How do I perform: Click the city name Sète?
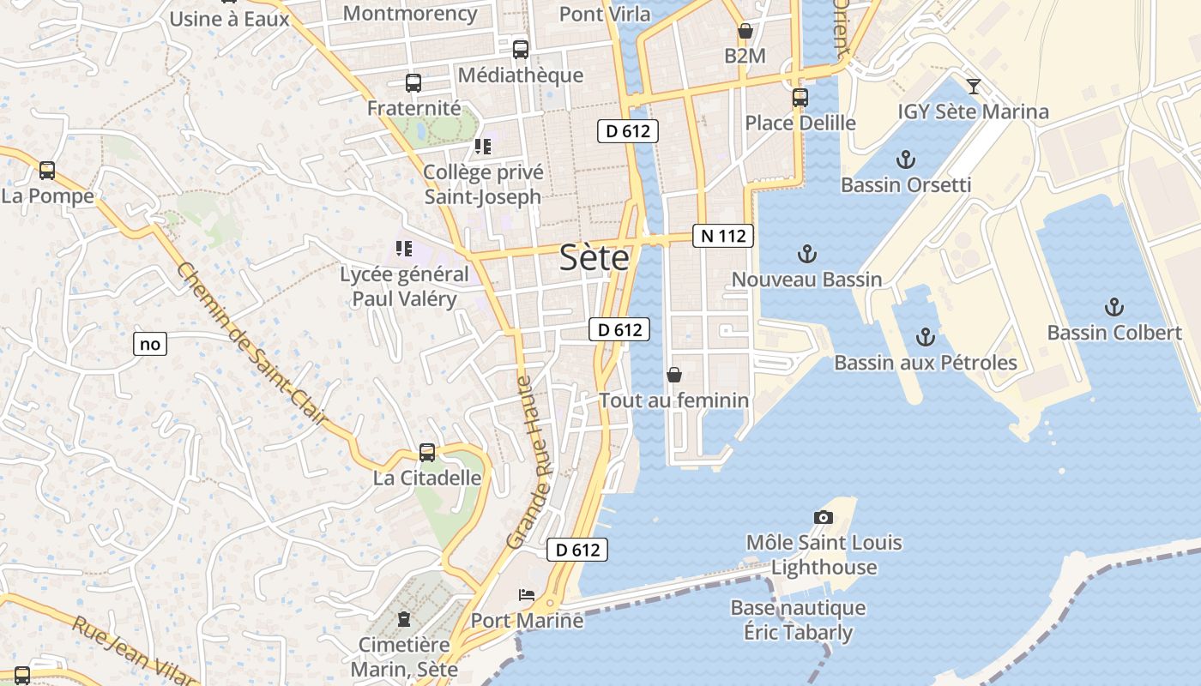(x=594, y=257)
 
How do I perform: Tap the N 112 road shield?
(x=722, y=236)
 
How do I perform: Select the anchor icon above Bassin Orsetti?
(x=905, y=159)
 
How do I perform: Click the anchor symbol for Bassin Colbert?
(x=1113, y=307)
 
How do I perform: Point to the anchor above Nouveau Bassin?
(x=806, y=254)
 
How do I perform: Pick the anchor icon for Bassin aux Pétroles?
(x=925, y=337)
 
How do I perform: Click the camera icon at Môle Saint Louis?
(x=823, y=517)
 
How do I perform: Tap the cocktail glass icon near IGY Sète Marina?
(x=974, y=86)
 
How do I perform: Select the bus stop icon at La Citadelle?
(x=426, y=453)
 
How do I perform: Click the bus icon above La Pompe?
(x=47, y=171)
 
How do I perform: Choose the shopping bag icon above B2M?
(x=745, y=32)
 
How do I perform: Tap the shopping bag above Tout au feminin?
(x=673, y=375)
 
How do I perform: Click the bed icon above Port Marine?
(x=526, y=595)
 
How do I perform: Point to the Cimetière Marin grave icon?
(x=404, y=618)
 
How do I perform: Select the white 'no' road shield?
(x=150, y=345)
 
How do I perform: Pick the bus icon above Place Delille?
(x=800, y=98)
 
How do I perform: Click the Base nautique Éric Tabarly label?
(x=798, y=620)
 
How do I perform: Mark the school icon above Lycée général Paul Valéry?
(x=403, y=250)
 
